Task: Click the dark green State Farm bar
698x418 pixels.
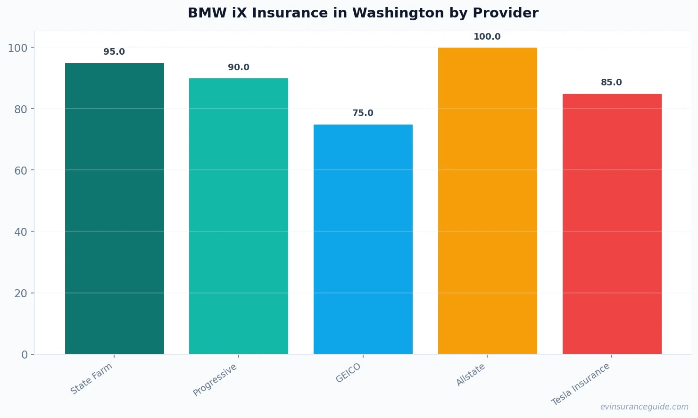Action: coord(115,209)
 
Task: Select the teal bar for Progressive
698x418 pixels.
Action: coord(239,216)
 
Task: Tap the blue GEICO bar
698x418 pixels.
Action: coord(363,239)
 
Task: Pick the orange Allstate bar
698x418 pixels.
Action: coord(487,201)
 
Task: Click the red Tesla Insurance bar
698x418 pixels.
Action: coord(612,224)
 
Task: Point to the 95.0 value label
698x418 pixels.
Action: coord(114,52)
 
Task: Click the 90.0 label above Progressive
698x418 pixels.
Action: coord(239,67)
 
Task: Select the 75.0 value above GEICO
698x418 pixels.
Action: coord(363,113)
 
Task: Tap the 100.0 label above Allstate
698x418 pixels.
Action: coord(487,37)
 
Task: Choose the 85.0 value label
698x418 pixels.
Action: coord(611,83)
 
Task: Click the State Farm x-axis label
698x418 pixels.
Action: coord(91,378)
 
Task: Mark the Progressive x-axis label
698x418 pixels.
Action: coord(215,380)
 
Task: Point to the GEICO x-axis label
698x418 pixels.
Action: coord(349,373)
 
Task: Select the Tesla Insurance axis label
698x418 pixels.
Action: coord(581,384)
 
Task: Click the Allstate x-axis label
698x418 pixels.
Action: coord(471,375)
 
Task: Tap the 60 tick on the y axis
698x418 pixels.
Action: coord(21,171)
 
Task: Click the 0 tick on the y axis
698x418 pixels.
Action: coord(25,355)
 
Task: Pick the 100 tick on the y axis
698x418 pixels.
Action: coord(18,48)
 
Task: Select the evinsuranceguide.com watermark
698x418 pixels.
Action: coord(644,407)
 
